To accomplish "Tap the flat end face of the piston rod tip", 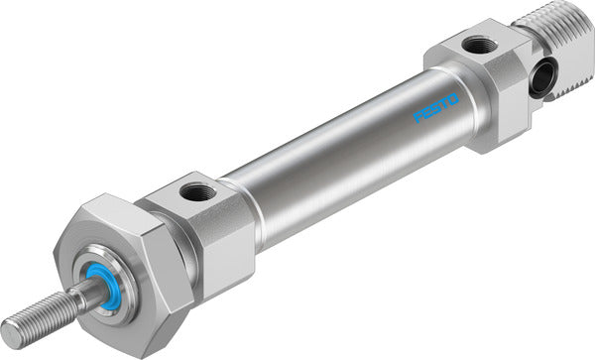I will click(9, 331).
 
